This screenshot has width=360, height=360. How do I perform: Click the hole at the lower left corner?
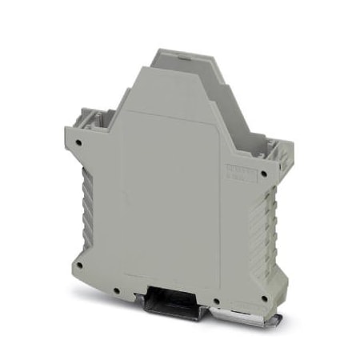pyautogui.click(x=80, y=261)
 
